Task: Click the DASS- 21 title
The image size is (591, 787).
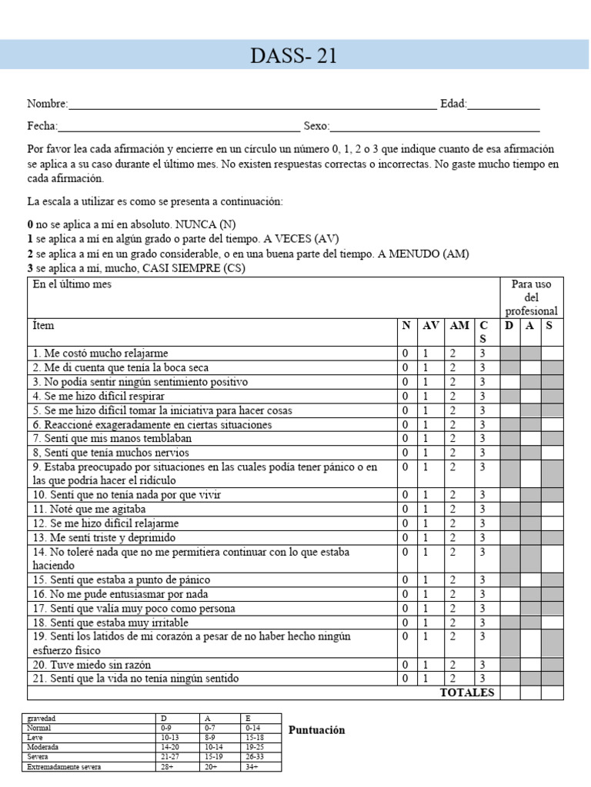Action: coord(294,56)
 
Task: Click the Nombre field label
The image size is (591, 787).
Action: coord(47,105)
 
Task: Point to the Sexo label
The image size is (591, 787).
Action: coord(316,127)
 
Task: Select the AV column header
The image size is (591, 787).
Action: coord(429,325)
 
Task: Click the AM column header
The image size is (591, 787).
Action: coord(459,325)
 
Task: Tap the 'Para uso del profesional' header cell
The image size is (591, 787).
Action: coord(531,297)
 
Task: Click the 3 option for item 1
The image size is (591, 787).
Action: coord(482,354)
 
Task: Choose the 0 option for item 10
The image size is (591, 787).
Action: coord(405,495)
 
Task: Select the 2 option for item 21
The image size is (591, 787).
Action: coord(453,679)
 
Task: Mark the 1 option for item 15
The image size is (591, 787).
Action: coord(425,580)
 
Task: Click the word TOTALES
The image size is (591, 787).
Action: coord(467,692)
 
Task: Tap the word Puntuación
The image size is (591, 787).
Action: coord(316,730)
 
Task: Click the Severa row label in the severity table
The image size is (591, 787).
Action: coord(38,756)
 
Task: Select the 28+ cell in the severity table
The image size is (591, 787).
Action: coord(168,766)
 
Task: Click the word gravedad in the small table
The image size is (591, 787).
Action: coord(42,718)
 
